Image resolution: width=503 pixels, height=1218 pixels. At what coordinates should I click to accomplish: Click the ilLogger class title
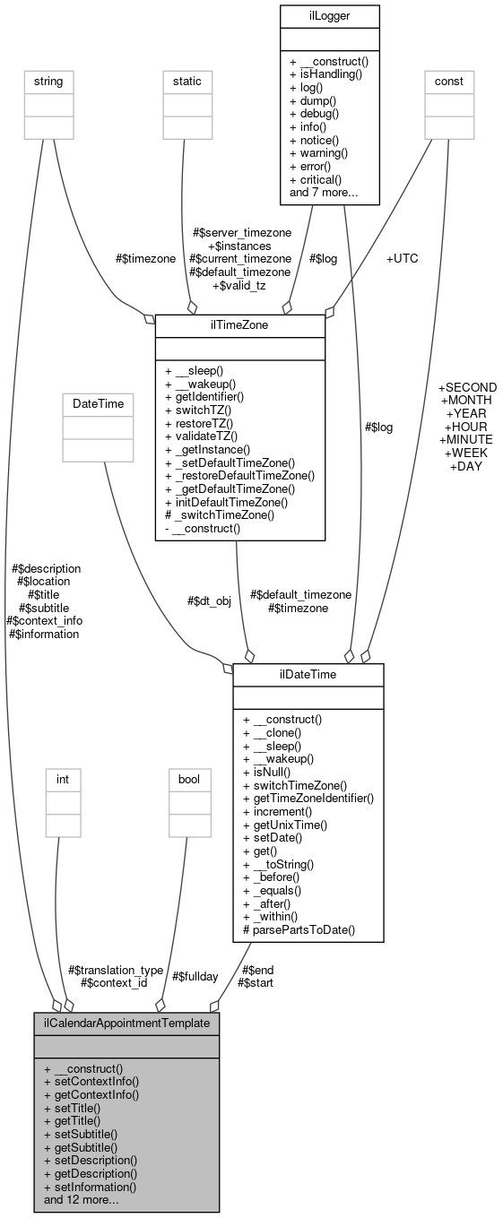(329, 16)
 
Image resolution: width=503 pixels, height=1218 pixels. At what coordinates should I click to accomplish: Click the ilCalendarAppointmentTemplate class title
(126, 1023)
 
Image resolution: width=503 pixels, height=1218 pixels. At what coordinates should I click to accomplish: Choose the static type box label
(187, 82)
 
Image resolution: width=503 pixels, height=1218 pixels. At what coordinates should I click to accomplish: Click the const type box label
(448, 82)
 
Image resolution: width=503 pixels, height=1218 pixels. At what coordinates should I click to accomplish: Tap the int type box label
(63, 779)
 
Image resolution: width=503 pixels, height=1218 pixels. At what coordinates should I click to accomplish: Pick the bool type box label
(188, 779)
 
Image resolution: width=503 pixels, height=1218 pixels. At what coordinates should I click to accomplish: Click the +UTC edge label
(403, 258)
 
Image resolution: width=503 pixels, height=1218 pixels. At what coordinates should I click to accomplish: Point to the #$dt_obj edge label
(209, 601)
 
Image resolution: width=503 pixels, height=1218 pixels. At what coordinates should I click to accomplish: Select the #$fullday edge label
(192, 976)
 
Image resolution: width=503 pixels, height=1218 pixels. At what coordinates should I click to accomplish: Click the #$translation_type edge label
(116, 970)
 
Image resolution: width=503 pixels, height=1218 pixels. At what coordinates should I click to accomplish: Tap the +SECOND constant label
(467, 388)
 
